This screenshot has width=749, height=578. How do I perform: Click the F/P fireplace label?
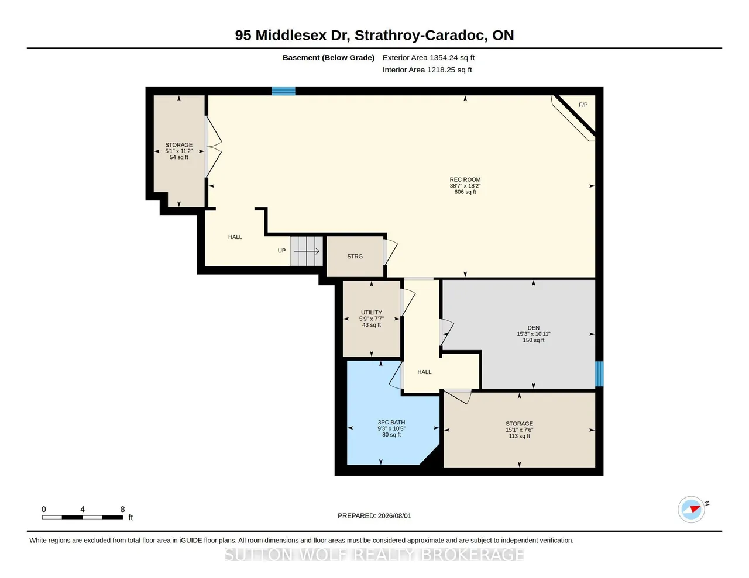[583, 105]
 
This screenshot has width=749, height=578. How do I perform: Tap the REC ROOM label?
[465, 179]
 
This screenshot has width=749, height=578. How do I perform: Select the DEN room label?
[533, 328]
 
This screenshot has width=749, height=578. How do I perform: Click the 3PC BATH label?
[391, 423]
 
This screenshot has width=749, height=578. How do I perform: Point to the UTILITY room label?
[371, 313]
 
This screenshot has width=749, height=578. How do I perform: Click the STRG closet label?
[355, 257]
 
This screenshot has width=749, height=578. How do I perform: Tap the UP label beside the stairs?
[281, 251]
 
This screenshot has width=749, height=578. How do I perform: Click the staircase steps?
[306, 251]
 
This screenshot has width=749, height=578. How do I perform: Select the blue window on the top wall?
[283, 91]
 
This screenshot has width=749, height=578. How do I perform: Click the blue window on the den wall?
[599, 374]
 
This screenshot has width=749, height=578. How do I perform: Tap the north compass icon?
[691, 510]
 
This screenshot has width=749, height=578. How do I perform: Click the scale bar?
[83, 517]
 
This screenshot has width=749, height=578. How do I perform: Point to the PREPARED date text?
[374, 515]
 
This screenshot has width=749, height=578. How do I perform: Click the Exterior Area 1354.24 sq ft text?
[428, 58]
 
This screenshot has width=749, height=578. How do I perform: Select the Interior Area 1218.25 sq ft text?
[427, 70]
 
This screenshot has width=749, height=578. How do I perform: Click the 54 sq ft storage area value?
[179, 157]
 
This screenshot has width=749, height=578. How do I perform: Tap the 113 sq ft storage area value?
[519, 436]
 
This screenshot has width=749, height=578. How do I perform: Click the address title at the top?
[374, 35]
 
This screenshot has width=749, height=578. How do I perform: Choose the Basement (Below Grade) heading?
[328, 58]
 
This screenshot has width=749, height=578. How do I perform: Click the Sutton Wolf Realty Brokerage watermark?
[374, 555]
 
